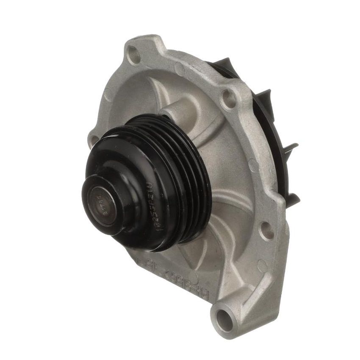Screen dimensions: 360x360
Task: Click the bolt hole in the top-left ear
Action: (x=135, y=55)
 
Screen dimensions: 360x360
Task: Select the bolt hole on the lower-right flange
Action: (x=266, y=229)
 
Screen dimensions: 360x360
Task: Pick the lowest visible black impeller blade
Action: (x=292, y=199)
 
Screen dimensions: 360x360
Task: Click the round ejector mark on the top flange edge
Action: (x=180, y=68)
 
